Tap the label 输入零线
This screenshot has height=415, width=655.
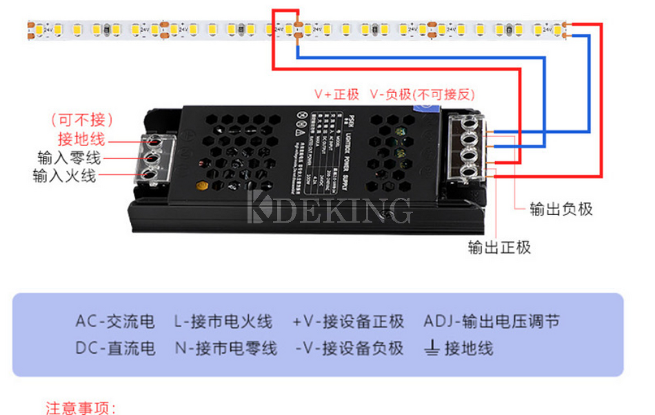point(69,158)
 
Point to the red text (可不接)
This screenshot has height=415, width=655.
point(82,120)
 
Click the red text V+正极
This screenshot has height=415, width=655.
point(337,94)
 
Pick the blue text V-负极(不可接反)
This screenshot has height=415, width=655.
point(422,94)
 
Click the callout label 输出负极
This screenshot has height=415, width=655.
point(561,209)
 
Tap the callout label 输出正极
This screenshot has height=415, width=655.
point(499,247)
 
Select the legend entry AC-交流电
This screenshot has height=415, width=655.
point(115,321)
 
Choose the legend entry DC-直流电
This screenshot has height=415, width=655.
point(115,348)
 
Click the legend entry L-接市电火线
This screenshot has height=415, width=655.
point(223,321)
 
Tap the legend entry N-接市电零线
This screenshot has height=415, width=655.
point(225,348)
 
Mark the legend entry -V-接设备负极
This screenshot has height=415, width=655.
point(349,348)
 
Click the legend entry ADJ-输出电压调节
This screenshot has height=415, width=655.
point(491,321)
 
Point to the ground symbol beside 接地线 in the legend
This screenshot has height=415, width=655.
point(432,349)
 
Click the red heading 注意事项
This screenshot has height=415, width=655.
point(81,408)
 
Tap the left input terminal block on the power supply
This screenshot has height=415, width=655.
point(157,159)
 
